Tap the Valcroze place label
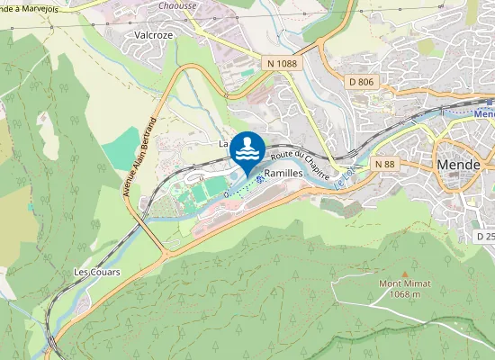pyautogui.click(x=154, y=35)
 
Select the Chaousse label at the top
pyautogui.click(x=177, y=4)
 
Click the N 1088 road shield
pyautogui.click(x=282, y=63)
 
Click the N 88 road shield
pyautogui.click(x=384, y=164)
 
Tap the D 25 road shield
pyautogui.click(x=485, y=236)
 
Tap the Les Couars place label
pyautogui.click(x=97, y=271)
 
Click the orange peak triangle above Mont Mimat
pyautogui.click(x=404, y=273)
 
